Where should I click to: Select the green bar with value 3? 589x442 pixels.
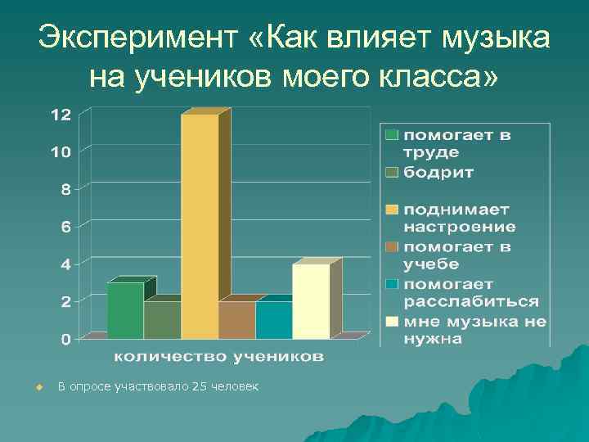coord(125,310)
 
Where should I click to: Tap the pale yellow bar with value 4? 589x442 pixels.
coord(311,300)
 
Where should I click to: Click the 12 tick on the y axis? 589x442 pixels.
coord(61,114)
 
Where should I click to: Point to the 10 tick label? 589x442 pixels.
coord(61,151)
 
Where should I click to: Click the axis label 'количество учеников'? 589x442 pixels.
coord(218,356)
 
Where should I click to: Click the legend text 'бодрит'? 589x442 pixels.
coord(438,172)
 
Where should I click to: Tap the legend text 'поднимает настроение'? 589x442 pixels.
coord(459,218)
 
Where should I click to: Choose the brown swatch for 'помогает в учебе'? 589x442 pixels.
coord(393,246)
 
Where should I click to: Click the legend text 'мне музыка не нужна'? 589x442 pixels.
coord(474,329)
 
